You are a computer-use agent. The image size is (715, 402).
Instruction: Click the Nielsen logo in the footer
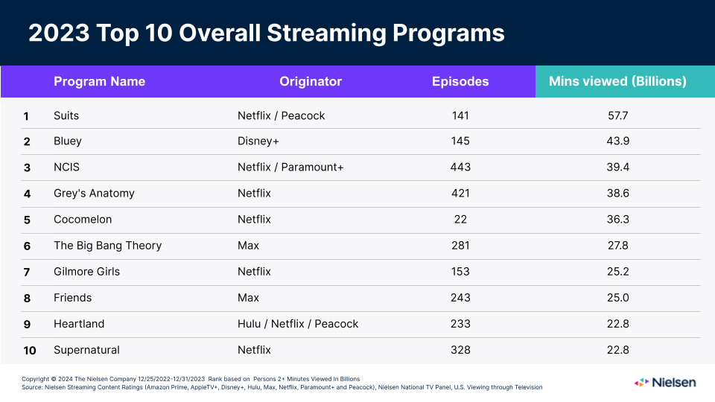(665, 382)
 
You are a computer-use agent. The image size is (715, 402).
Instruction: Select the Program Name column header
(99, 82)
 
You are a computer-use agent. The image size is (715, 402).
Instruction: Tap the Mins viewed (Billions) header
(617, 82)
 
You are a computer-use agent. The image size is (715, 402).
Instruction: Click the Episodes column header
(460, 82)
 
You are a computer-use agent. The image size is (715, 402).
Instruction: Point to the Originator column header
(311, 82)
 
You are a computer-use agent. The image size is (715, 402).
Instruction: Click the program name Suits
(66, 115)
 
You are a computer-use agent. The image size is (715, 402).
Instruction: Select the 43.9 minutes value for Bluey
(618, 141)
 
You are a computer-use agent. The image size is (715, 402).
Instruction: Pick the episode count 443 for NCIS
(460, 167)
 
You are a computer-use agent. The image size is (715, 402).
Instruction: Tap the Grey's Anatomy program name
(94, 194)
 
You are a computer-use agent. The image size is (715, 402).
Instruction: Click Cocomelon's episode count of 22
(460, 220)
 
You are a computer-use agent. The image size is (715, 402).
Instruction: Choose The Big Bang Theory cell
(107, 246)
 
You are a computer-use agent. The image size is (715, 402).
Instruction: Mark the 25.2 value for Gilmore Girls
(618, 272)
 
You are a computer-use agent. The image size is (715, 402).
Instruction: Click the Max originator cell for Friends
(248, 298)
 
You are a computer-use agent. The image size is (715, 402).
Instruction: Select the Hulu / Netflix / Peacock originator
(298, 324)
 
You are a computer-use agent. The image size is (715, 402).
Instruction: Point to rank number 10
(29, 350)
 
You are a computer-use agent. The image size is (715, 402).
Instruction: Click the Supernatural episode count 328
(460, 350)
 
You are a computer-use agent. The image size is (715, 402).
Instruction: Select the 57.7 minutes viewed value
(618, 115)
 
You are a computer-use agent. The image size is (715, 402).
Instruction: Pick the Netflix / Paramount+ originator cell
(290, 167)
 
